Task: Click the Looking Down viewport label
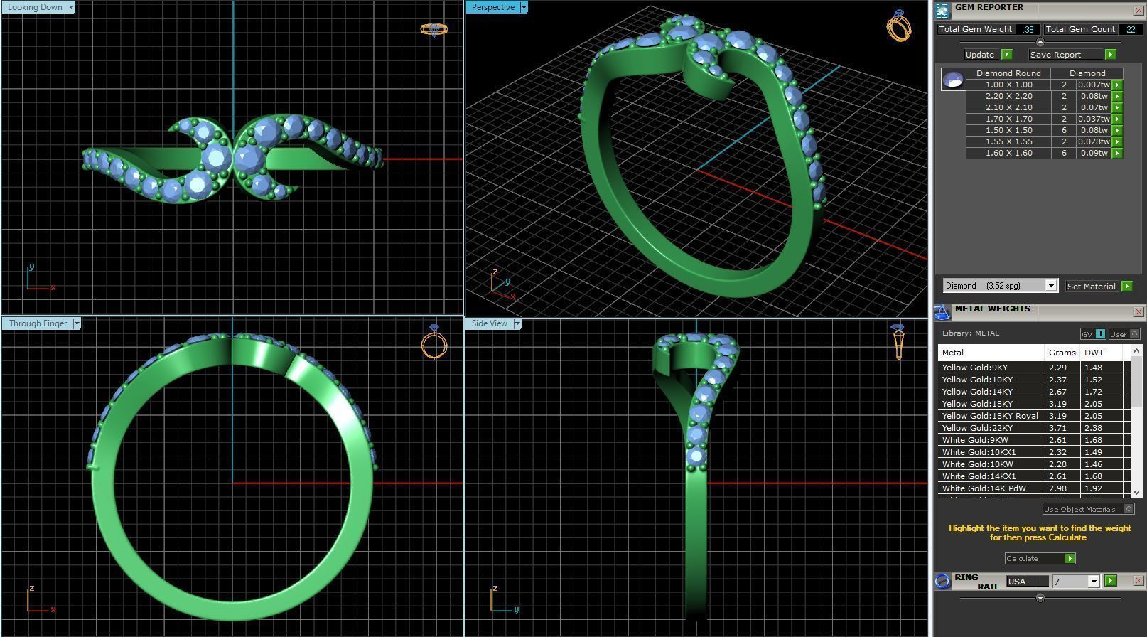[x=35, y=7]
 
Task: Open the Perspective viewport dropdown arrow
[x=524, y=7]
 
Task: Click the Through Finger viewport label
[x=38, y=323]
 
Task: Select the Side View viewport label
[x=490, y=323]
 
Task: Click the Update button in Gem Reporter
[x=980, y=55]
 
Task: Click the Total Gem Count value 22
[x=1129, y=29]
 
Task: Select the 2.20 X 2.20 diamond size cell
[x=1008, y=96]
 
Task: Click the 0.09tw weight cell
[x=1093, y=153]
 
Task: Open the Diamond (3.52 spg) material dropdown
[x=1050, y=286]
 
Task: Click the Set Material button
[x=1092, y=287]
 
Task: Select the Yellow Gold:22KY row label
[x=977, y=428]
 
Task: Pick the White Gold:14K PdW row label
[x=984, y=488]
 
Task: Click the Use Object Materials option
[x=1079, y=509]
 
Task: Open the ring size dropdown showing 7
[x=1093, y=582]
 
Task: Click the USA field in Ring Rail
[x=1026, y=582]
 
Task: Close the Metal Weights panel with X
[x=1138, y=311]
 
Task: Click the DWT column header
[x=1094, y=353]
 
